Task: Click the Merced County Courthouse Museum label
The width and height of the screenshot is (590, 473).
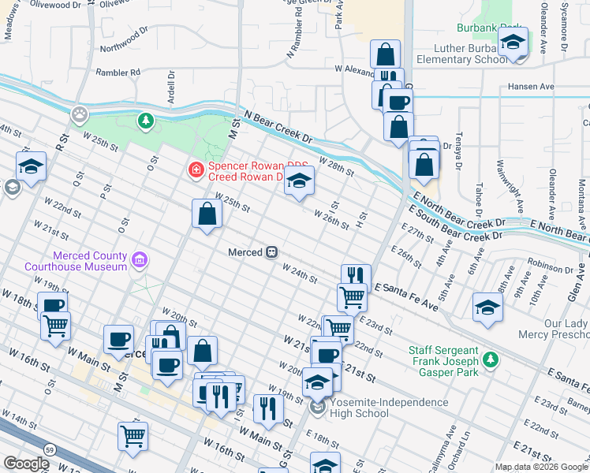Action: click(89, 261)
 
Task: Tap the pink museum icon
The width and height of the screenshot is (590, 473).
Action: click(140, 259)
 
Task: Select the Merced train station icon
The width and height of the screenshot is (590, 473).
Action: click(271, 252)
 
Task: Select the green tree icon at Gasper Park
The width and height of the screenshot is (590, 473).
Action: click(491, 359)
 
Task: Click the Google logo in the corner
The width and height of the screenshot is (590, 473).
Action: click(26, 464)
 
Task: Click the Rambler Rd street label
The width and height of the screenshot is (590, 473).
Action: click(118, 72)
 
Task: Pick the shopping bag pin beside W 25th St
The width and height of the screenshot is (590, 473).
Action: click(207, 214)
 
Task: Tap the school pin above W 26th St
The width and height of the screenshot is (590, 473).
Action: click(299, 181)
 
